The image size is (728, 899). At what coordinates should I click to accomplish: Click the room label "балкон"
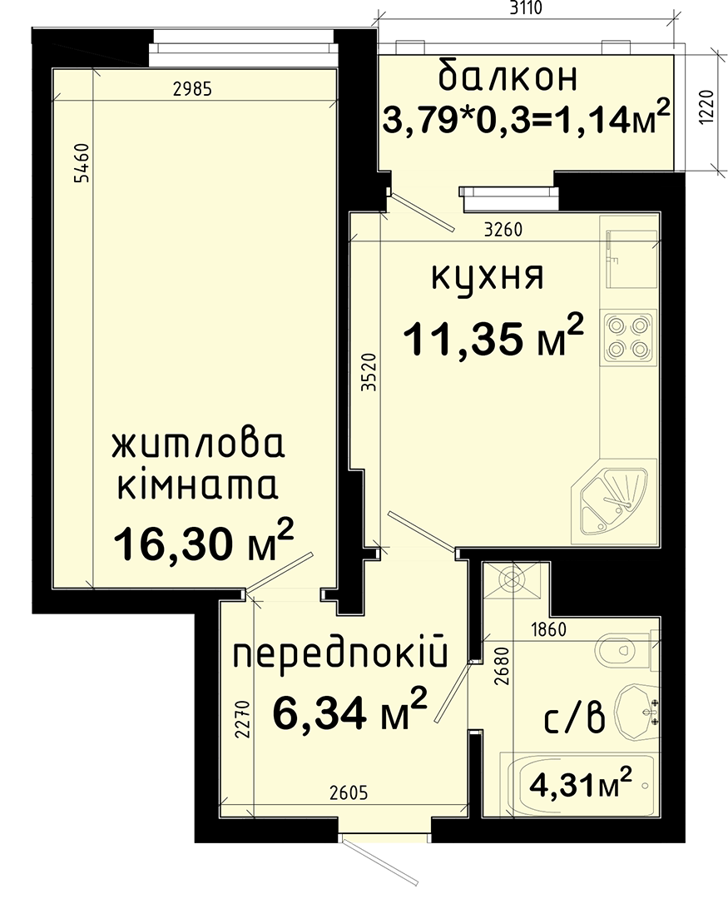508,77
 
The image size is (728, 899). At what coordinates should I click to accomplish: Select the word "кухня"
488,276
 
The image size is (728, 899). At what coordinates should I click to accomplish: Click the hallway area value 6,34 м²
350,711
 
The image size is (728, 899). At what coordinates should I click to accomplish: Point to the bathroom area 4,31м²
582,782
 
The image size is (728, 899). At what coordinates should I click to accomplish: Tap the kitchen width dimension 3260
503,231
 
